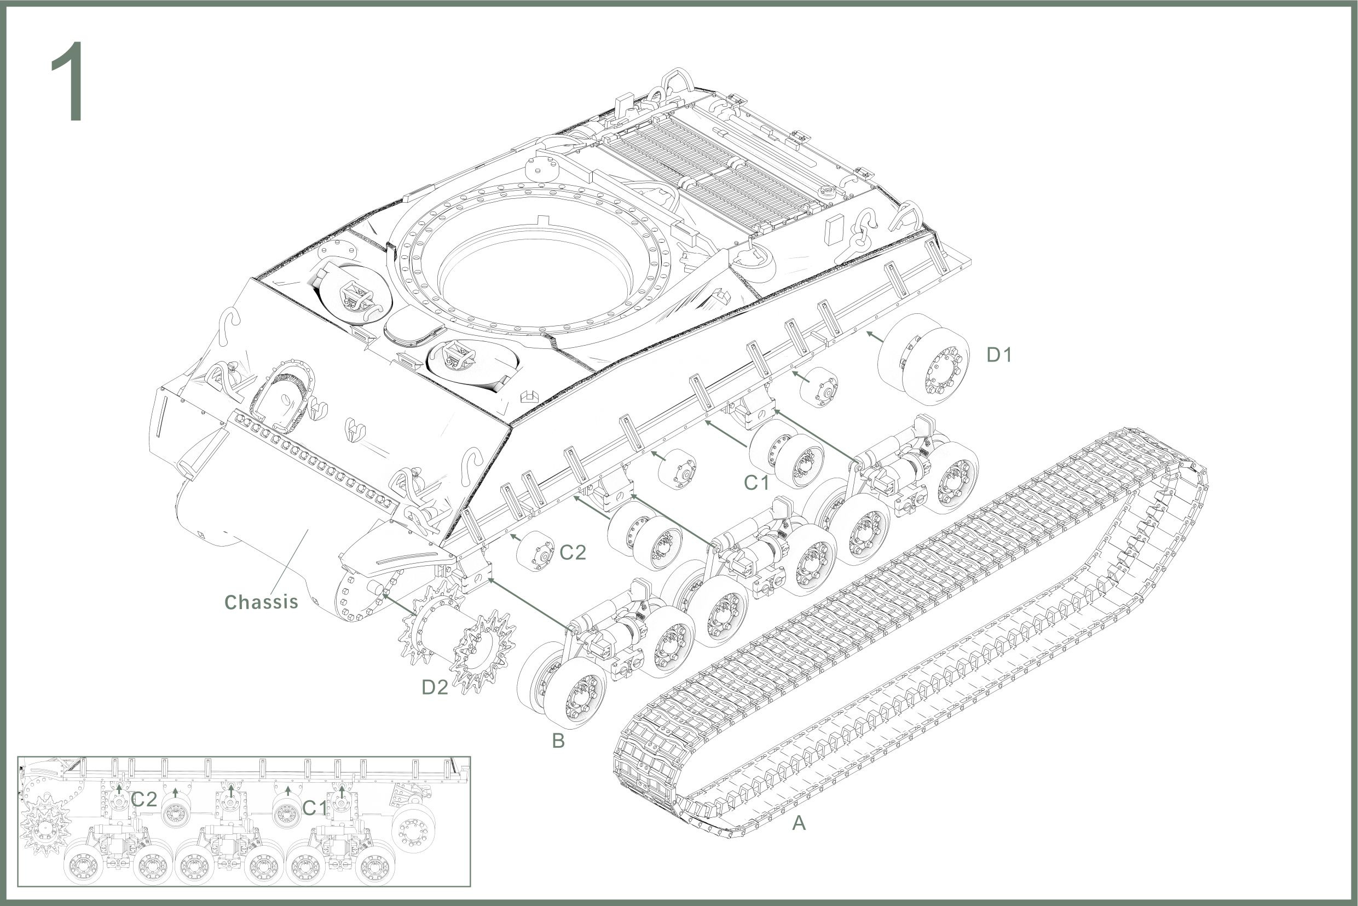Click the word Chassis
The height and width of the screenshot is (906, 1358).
[261, 602]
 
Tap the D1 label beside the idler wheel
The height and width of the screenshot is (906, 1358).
[999, 355]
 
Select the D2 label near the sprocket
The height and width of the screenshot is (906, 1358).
[434, 687]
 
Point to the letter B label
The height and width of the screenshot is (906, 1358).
[558, 741]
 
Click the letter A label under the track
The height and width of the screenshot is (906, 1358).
[799, 823]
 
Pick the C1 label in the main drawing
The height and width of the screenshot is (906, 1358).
[756, 483]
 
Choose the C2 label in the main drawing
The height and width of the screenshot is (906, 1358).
[573, 552]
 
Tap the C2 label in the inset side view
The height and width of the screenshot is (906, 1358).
[144, 800]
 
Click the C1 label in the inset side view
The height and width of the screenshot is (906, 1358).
[315, 808]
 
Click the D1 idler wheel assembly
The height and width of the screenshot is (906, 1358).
[923, 358]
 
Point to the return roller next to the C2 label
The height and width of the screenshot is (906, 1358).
[535, 551]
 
